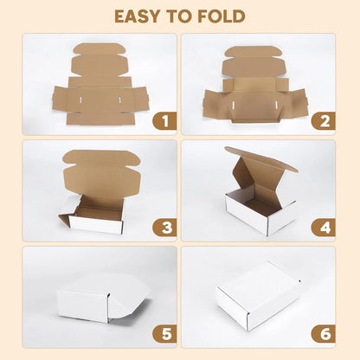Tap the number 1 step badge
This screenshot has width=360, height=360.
pyautogui.click(x=164, y=121)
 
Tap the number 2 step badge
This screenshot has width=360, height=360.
pyautogui.click(x=323, y=121)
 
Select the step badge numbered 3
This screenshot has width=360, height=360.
pyautogui.click(x=164, y=228)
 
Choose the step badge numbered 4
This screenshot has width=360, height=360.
pyautogui.click(x=323, y=228)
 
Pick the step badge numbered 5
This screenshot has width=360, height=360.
pyautogui.click(x=164, y=333)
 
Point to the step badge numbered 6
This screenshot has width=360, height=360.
pyautogui.click(x=323, y=333)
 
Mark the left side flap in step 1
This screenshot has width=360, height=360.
pyautogui.click(x=61, y=97)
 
